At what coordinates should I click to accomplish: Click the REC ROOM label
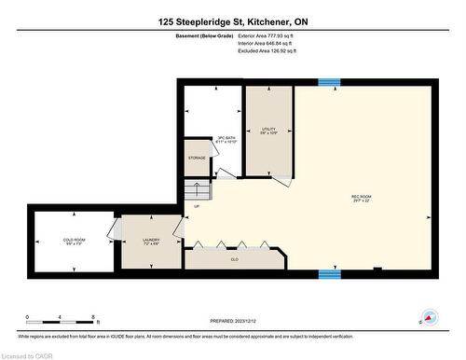(x=362, y=198)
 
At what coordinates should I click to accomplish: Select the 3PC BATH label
(x=226, y=138)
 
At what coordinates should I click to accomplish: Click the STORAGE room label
(x=197, y=159)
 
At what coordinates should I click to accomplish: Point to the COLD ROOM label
(x=74, y=242)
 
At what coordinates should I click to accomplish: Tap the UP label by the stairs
(x=197, y=206)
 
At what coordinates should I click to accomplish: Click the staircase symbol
(x=202, y=191)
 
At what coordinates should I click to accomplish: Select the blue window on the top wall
(x=329, y=82)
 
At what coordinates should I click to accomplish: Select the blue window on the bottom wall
(x=329, y=274)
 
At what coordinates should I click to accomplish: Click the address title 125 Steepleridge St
(x=232, y=20)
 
